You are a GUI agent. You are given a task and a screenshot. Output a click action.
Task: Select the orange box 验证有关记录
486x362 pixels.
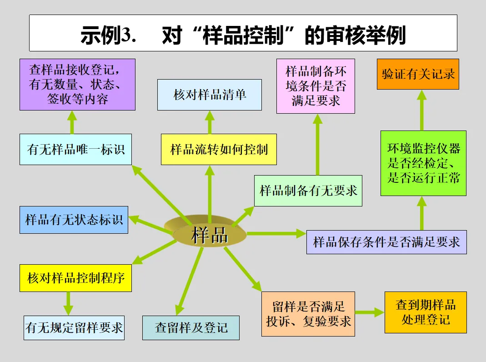pyautogui.click(x=418, y=74)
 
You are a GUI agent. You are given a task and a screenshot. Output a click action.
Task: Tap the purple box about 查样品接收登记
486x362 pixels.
pyautogui.click(x=77, y=85)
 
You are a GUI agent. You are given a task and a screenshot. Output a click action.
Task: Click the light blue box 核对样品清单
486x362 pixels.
pyautogui.click(x=209, y=95)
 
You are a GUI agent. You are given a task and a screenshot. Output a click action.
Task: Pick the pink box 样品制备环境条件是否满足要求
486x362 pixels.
pyautogui.click(x=316, y=86)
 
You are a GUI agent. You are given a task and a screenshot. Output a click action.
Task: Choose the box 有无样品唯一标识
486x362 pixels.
pyautogui.click(x=75, y=149)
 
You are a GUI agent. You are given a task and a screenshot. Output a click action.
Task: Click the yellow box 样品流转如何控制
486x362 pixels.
pyautogui.click(x=219, y=149)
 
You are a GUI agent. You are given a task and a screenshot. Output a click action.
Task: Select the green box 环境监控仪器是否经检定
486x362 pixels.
pyautogui.click(x=423, y=163)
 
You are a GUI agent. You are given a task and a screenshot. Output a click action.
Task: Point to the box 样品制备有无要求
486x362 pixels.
pyautogui.click(x=308, y=191)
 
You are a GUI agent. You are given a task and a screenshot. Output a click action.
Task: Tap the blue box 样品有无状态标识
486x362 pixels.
pyautogui.click(x=74, y=220)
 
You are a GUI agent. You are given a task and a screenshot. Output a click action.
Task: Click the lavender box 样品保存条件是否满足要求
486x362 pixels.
pyautogui.click(x=386, y=242)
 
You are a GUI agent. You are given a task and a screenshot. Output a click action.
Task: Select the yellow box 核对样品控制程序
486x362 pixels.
pyautogui.click(x=75, y=278)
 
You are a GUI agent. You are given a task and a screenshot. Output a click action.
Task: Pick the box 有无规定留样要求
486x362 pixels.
pyautogui.click(x=74, y=327)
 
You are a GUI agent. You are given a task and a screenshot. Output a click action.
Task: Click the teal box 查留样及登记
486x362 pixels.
pyautogui.click(x=191, y=327)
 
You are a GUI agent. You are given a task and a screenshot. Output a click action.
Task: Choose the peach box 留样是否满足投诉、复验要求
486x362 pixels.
pyautogui.click(x=308, y=314)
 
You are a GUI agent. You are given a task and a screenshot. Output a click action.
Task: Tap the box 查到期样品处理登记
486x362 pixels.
pyautogui.click(x=426, y=312)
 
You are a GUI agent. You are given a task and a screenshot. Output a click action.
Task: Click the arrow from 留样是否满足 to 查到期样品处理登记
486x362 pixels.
pyautogui.click(x=370, y=312)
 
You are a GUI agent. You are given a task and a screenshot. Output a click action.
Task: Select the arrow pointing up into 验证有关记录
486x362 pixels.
pyautogui.click(x=422, y=110)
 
